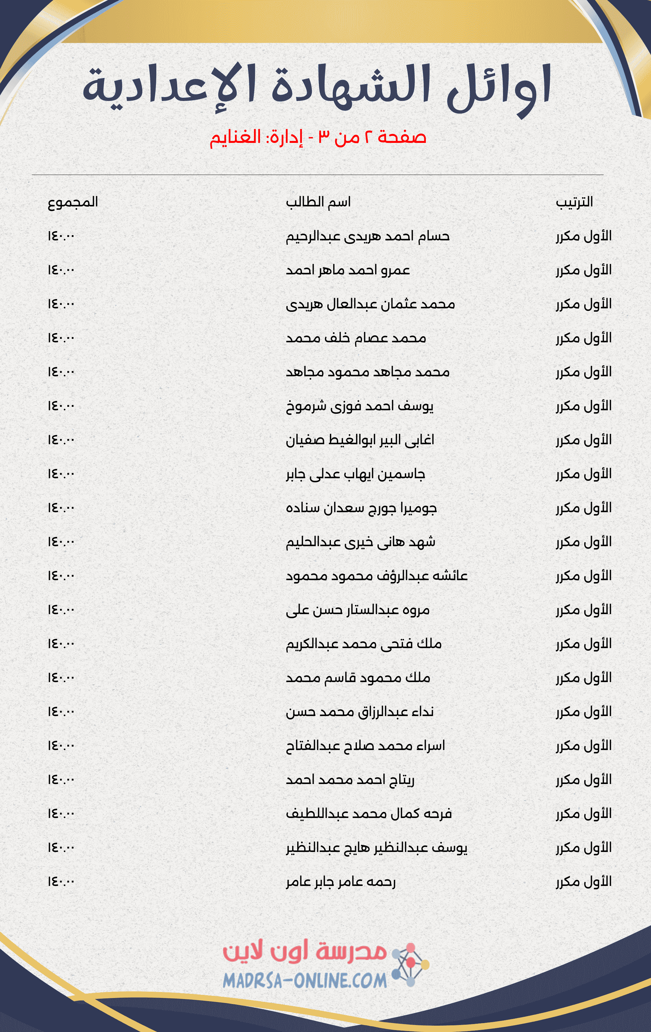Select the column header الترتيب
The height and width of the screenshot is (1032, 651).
[x=574, y=202]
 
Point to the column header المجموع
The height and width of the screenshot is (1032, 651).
[x=73, y=202]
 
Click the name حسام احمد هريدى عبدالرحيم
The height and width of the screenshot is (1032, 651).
[x=368, y=236]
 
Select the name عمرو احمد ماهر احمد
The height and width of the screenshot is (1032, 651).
[x=348, y=270]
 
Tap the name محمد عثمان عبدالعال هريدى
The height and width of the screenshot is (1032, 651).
[x=370, y=304]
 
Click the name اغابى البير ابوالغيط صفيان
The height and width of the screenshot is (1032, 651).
[x=360, y=440]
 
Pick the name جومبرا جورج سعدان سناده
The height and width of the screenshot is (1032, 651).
[x=361, y=508]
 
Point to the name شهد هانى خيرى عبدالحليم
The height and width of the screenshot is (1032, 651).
[x=360, y=542]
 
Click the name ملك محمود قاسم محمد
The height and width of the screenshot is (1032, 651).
[x=358, y=678]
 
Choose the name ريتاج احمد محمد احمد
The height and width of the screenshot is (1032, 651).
[x=350, y=780]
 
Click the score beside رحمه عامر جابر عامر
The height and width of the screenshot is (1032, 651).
[x=61, y=881]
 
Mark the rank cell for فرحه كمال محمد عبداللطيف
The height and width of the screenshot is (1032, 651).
[x=584, y=814]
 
